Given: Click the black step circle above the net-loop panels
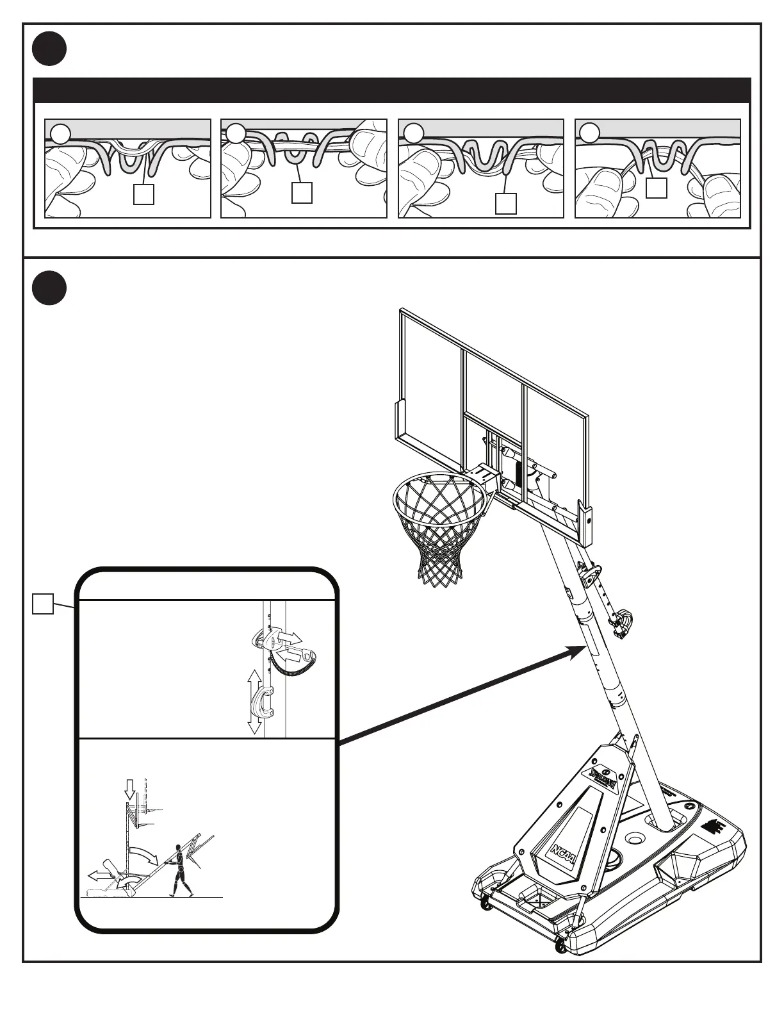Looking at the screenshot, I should tap(50, 49).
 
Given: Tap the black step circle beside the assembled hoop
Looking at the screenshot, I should tap(50, 288).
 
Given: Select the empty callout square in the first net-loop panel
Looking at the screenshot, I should tap(143, 194).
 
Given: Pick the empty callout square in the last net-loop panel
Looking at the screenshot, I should tap(657, 188).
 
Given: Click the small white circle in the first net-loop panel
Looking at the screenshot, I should tap(61, 133).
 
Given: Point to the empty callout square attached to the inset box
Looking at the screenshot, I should tap(43, 604).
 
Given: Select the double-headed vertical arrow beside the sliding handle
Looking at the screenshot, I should tap(254, 702).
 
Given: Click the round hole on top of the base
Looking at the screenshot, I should tap(636, 839).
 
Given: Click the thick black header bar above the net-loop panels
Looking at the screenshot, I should tap(391, 90).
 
